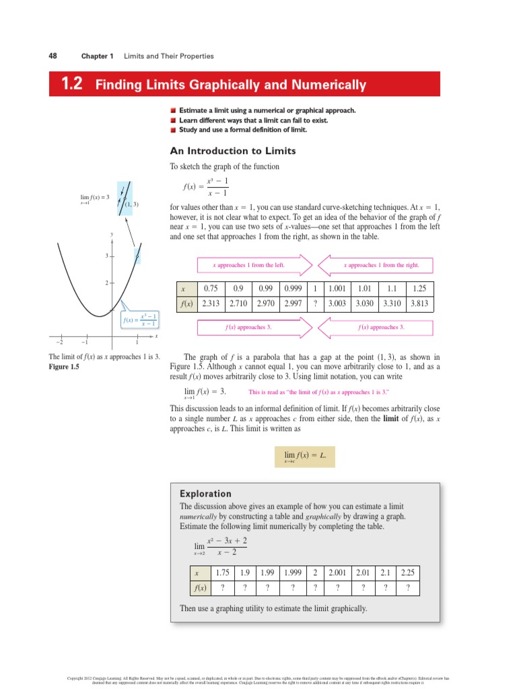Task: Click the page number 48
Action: (x=52, y=56)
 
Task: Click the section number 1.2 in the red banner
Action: (x=71, y=85)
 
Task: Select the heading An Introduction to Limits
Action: (x=232, y=151)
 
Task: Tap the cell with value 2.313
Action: (x=212, y=303)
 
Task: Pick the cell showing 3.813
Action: (x=420, y=303)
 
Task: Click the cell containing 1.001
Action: (x=337, y=289)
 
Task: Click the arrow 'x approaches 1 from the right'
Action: (x=377, y=265)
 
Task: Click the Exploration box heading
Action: (x=205, y=493)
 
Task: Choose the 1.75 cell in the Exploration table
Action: (x=221, y=573)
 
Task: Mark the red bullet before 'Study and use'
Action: (x=173, y=130)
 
